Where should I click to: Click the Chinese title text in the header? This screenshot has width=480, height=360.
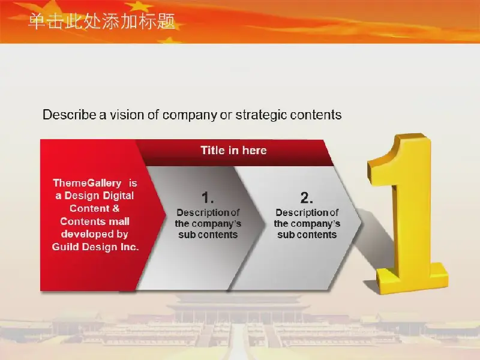coord(102,21)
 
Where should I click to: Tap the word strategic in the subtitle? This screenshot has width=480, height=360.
coord(261,115)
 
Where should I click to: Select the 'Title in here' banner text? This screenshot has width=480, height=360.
coord(233,151)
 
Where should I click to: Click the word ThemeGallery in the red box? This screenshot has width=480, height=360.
coord(87,183)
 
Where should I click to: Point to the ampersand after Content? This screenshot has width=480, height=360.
coord(116,208)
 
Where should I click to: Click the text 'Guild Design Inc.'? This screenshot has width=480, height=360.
coord(95,247)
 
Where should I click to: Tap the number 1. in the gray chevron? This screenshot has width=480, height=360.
coord(208,197)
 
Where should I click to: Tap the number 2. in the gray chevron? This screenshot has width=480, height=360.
coord(307,197)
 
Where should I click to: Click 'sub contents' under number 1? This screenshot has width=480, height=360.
coord(208,235)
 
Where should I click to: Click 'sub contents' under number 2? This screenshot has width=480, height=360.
coord(307,235)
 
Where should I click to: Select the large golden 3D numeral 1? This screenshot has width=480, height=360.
coord(407,214)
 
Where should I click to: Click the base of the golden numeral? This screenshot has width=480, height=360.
coord(412,278)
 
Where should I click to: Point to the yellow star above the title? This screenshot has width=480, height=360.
coord(139,6)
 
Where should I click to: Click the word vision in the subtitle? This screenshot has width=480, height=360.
coord(127,115)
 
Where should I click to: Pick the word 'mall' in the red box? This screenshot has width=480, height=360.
coord(119,221)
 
